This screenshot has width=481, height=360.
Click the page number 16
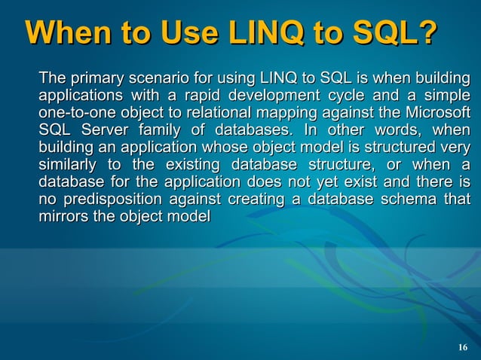[463, 346]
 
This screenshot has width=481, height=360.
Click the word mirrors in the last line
[63, 217]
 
